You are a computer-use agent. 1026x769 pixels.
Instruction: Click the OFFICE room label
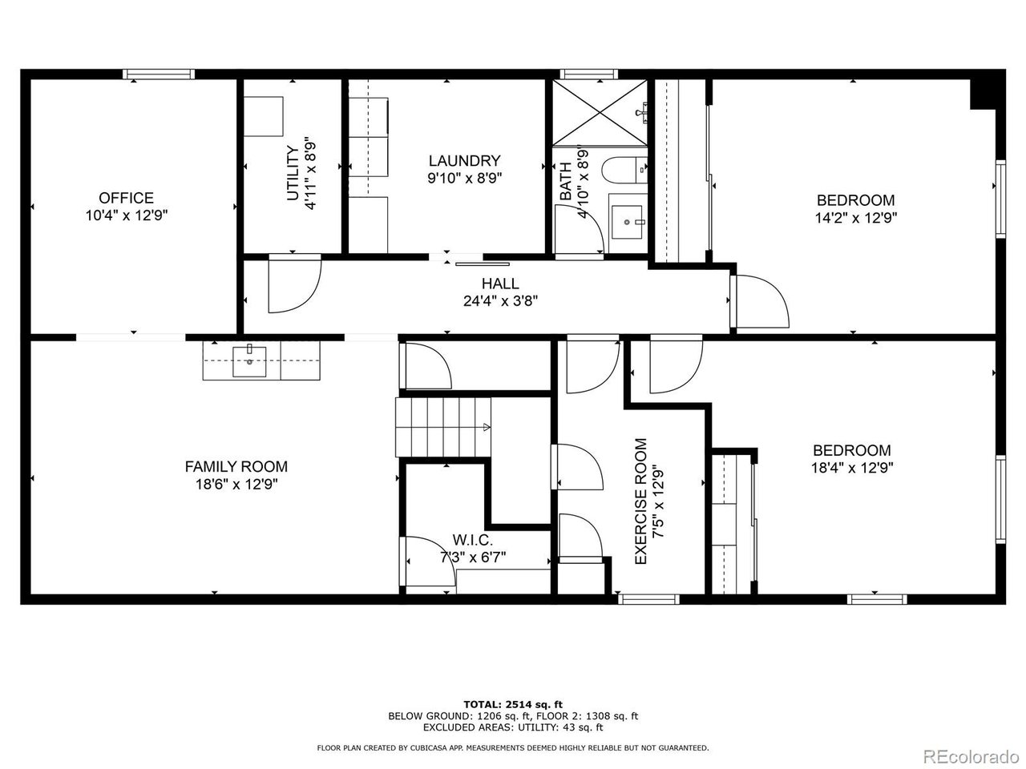(x=126, y=198)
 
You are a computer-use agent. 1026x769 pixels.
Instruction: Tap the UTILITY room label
(x=293, y=173)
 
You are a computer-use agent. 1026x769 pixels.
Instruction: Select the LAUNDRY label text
(x=465, y=161)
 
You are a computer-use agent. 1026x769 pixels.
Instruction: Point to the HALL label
(x=500, y=284)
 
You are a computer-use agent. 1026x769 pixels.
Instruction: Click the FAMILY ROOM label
(x=236, y=466)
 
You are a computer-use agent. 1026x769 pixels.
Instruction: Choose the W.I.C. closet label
(x=472, y=540)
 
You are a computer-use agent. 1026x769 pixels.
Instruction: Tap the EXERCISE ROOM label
(x=640, y=501)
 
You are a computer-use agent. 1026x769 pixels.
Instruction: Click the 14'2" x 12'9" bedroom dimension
(x=856, y=218)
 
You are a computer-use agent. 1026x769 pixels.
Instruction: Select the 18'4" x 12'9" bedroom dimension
(x=852, y=467)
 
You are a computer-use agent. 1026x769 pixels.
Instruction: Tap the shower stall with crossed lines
(x=600, y=112)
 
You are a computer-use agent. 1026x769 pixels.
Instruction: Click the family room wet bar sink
(x=249, y=361)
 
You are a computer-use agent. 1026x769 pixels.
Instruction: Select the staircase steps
(x=442, y=427)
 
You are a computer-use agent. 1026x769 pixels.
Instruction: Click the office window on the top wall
(x=159, y=74)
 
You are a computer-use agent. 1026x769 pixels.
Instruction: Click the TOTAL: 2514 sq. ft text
(x=513, y=704)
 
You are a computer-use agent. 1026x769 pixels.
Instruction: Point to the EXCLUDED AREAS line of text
(x=513, y=727)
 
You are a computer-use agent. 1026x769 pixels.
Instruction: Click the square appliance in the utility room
(x=264, y=117)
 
